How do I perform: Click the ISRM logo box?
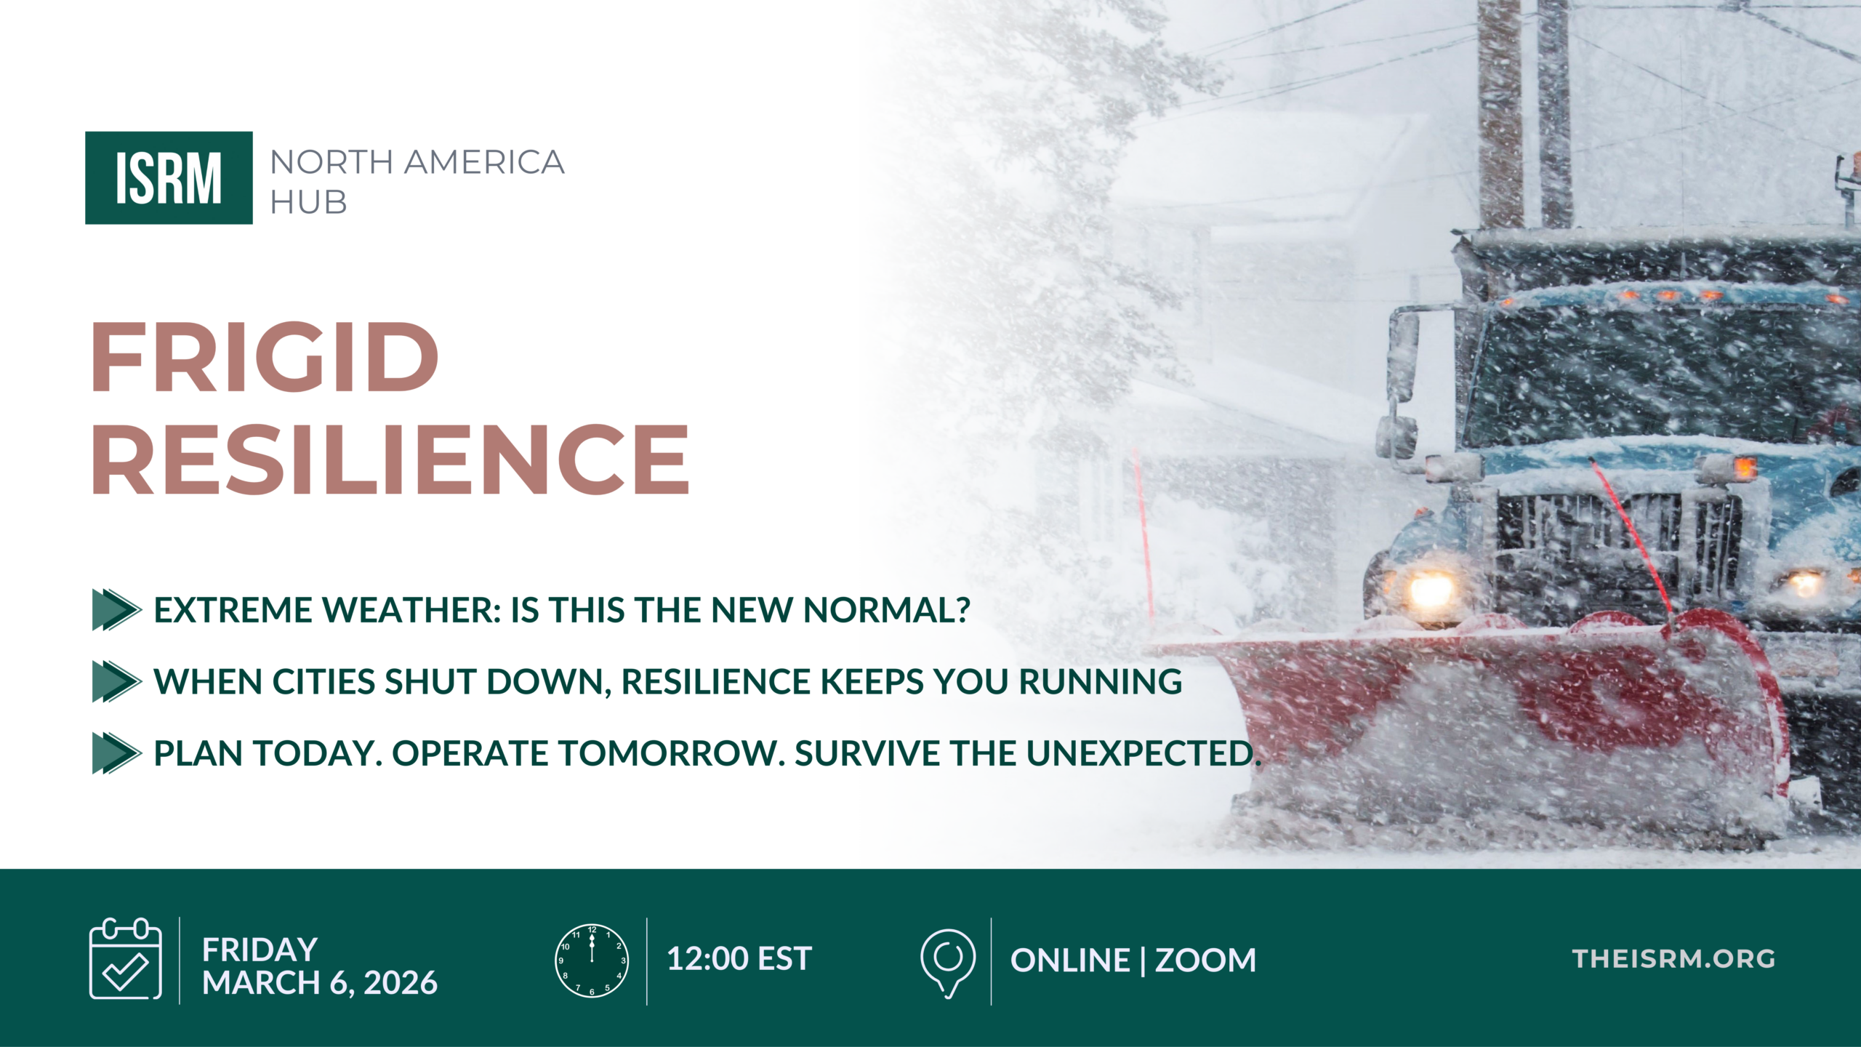click(x=169, y=177)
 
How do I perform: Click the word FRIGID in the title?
click(x=265, y=357)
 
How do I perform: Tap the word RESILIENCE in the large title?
click(x=390, y=460)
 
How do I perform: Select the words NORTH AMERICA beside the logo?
click(x=417, y=162)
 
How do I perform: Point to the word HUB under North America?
click(x=309, y=202)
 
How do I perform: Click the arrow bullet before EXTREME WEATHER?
click(x=116, y=609)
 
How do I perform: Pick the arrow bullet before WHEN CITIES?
click(x=116, y=681)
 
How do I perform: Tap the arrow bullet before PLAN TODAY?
click(x=116, y=753)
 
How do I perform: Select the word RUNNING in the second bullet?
click(x=1101, y=682)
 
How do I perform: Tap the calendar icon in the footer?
click(x=125, y=958)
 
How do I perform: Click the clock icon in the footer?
click(x=592, y=960)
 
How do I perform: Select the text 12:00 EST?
click(x=739, y=959)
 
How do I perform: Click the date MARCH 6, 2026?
click(x=320, y=983)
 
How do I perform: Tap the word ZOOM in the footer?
click(x=1205, y=960)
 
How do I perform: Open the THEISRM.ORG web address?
click(x=1674, y=959)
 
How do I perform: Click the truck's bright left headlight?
click(x=1431, y=589)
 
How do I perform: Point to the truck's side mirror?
click(x=1403, y=356)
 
